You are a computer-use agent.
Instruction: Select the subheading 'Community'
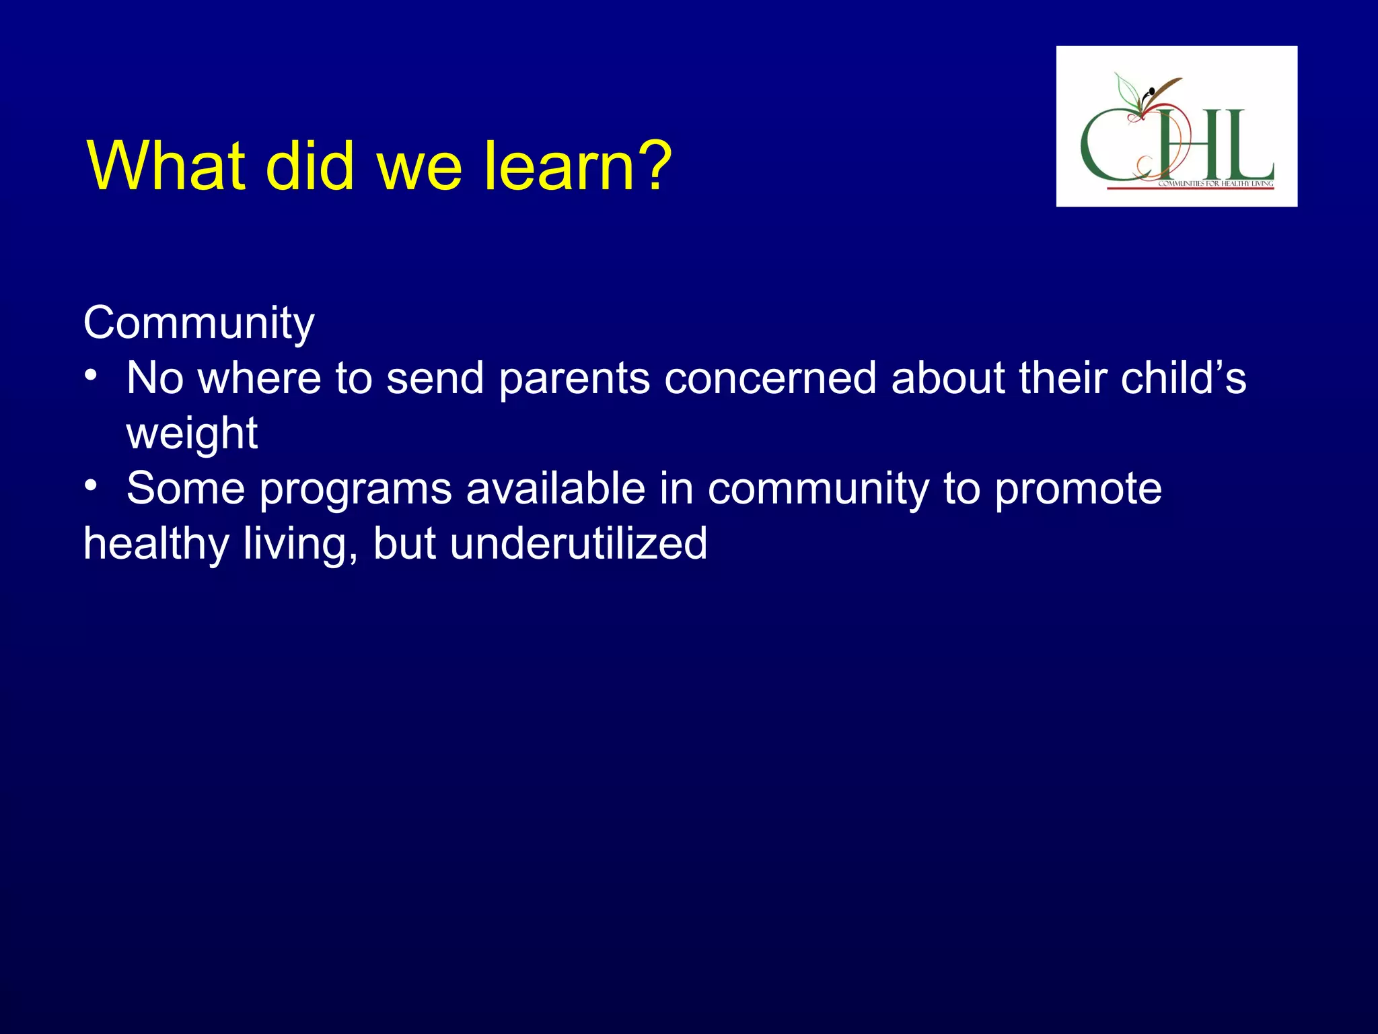(x=198, y=324)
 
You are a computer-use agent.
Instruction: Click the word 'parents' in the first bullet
(x=574, y=379)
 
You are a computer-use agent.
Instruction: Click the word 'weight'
(x=192, y=434)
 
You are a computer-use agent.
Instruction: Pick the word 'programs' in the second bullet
(x=355, y=489)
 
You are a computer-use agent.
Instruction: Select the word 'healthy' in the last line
(x=155, y=545)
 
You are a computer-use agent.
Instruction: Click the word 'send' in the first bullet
(x=435, y=379)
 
